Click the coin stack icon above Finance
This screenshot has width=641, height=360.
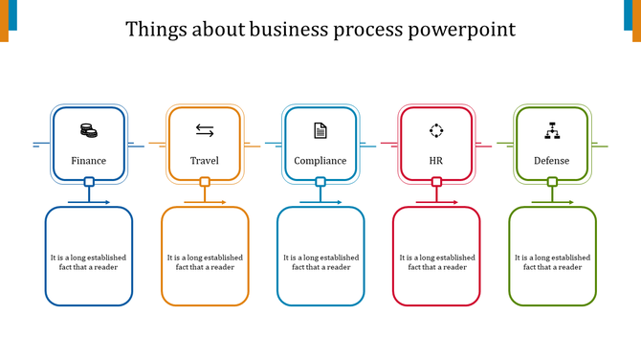pos(88,130)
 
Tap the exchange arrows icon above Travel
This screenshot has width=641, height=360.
pos(205,130)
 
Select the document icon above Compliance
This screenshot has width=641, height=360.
pos(320,130)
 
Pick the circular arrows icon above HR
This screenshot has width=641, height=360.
pos(436,130)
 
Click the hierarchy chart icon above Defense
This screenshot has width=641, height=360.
pos(552,130)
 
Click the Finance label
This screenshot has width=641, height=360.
pos(89,161)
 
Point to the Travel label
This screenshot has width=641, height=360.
pos(205,161)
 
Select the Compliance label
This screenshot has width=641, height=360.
pos(320,161)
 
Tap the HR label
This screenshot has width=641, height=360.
pos(436,161)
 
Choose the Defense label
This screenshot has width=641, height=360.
pos(552,161)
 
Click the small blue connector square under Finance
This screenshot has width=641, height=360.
pos(89,182)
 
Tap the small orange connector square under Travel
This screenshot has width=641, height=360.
pos(205,182)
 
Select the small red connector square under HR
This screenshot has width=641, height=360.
pos(436,182)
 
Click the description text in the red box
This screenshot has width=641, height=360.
pos(437,262)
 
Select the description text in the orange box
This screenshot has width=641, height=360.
pos(205,262)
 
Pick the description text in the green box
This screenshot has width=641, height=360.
pos(552,262)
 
